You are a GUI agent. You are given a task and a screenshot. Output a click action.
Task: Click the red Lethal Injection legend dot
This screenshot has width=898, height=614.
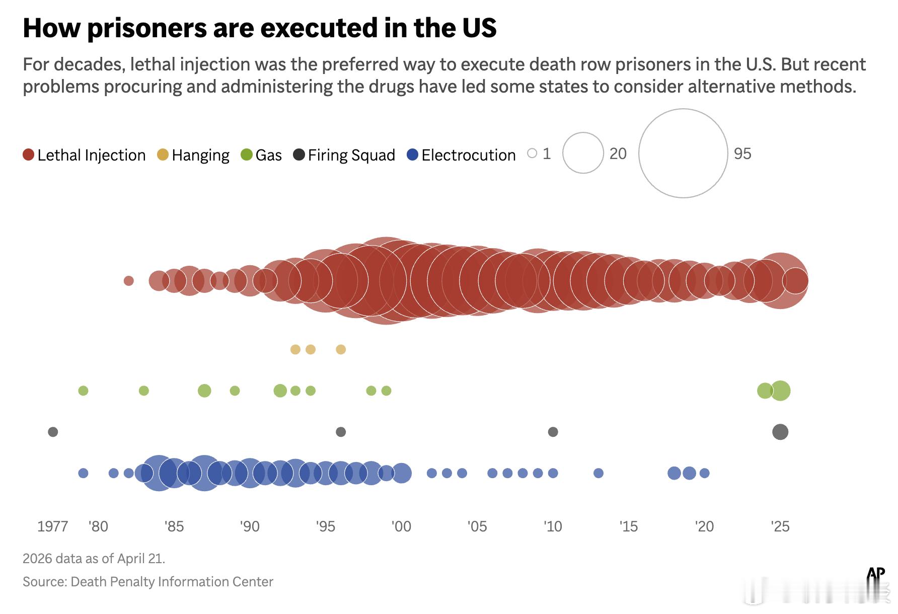pos(29,155)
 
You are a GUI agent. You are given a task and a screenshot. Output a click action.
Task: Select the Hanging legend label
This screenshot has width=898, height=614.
pos(200,155)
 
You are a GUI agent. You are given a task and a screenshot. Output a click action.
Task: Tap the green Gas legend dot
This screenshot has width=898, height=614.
pos(247,155)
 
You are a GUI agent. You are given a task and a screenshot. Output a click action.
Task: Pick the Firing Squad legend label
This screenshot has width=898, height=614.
pos(351,155)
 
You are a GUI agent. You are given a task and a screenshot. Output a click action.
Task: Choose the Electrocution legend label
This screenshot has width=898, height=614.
pos(469,155)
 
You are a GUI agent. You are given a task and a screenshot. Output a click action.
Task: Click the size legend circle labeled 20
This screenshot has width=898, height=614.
pos(583,153)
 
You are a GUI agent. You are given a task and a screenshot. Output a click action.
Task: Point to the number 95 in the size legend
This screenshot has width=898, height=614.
pos(742,153)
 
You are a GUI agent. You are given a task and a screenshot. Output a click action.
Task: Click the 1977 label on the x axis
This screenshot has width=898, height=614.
pos(52,526)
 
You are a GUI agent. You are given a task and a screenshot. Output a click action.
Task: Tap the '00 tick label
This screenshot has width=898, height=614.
pos(401,526)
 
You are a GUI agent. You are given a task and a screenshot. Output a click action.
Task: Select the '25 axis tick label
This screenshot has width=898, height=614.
pos(780,526)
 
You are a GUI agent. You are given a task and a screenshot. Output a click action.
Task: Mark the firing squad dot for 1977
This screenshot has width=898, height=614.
pos(53,432)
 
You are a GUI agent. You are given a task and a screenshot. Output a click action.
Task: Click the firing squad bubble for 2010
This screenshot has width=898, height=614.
pos(553,432)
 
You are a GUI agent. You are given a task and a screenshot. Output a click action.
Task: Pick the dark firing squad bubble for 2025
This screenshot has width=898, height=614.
pos(780,432)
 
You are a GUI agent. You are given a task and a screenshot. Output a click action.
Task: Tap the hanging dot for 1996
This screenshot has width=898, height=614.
pos(341,349)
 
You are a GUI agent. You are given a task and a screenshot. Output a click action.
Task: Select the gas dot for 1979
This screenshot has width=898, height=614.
pos(84,391)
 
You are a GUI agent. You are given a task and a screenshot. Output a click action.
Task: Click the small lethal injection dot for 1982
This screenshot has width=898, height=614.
pos(129,281)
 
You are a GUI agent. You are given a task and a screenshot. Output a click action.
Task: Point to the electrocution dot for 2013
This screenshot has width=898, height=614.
pos(598,473)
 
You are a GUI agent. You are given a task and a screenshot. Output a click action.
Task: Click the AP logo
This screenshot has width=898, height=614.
pos(876,574)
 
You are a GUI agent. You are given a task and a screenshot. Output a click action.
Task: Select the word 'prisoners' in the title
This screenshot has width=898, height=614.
pos(146,28)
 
